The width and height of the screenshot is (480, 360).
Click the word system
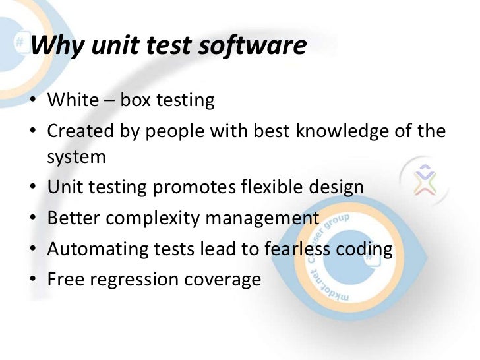pyautogui.click(x=76, y=157)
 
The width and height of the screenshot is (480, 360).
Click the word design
pyautogui.click(x=337, y=188)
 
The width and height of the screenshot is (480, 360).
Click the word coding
pyautogui.click(x=365, y=249)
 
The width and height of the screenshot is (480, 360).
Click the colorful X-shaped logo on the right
pyautogui.click(x=424, y=179)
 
